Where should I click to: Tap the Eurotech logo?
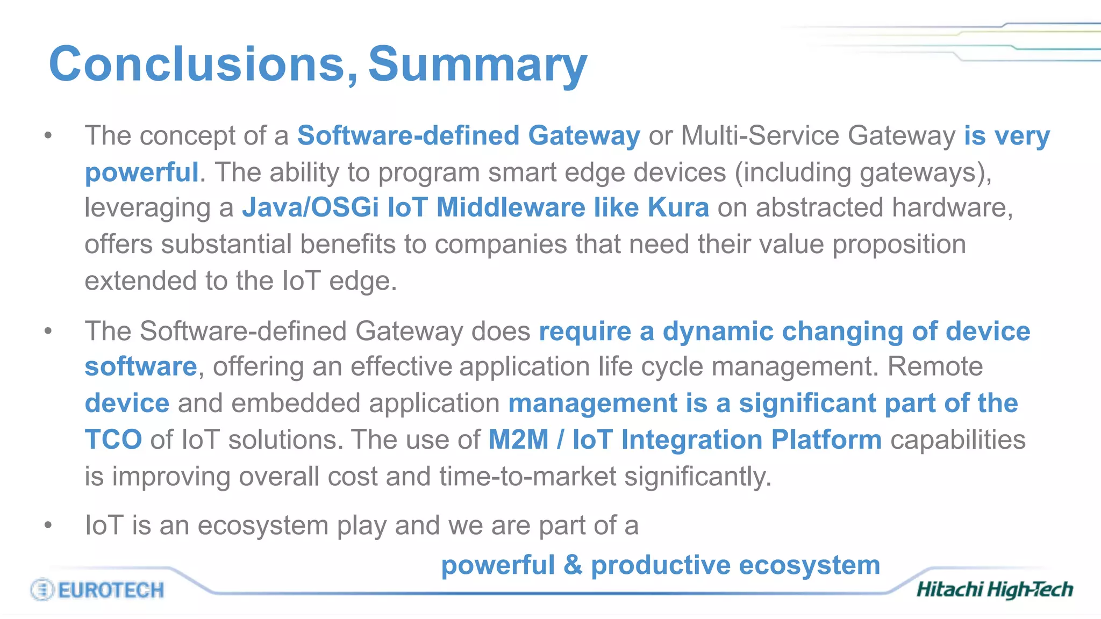(97, 589)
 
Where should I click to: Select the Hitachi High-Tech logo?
(995, 589)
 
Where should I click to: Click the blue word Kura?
(678, 207)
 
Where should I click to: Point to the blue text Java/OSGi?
(310, 207)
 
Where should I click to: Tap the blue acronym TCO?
(113, 440)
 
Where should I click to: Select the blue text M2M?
(518, 440)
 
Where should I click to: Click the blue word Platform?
(826, 440)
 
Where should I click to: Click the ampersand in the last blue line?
(573, 565)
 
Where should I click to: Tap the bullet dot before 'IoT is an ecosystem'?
(48, 524)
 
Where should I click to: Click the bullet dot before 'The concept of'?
(48, 135)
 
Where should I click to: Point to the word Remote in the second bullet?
(935, 366)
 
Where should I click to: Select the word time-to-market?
(527, 477)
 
